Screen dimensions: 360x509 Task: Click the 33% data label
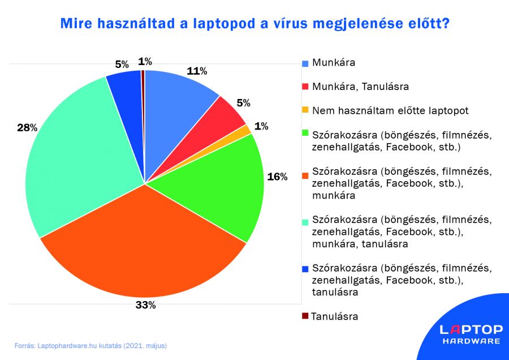tap(145, 305)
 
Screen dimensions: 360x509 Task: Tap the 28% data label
tap(27, 128)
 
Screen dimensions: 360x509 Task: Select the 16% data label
tap(277, 177)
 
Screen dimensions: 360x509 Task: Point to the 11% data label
tap(197, 71)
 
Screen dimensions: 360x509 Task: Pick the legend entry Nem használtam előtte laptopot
tap(390, 110)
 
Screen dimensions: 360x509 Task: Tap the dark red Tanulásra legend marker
tap(305, 316)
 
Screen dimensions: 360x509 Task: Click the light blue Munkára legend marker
tap(305, 63)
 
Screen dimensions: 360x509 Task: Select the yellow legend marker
tap(305, 110)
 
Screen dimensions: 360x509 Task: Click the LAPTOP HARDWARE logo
tap(471, 334)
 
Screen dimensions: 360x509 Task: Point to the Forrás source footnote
tap(90, 345)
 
